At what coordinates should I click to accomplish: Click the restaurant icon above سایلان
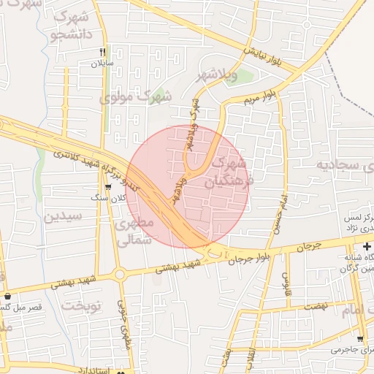[103, 52]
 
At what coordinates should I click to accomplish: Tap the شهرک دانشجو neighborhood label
[71, 25]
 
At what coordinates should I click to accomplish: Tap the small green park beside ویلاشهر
[233, 77]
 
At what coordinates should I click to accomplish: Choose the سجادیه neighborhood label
[346, 164]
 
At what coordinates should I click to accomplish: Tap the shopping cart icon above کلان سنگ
[108, 187]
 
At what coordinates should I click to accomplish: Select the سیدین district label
[64, 216]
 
